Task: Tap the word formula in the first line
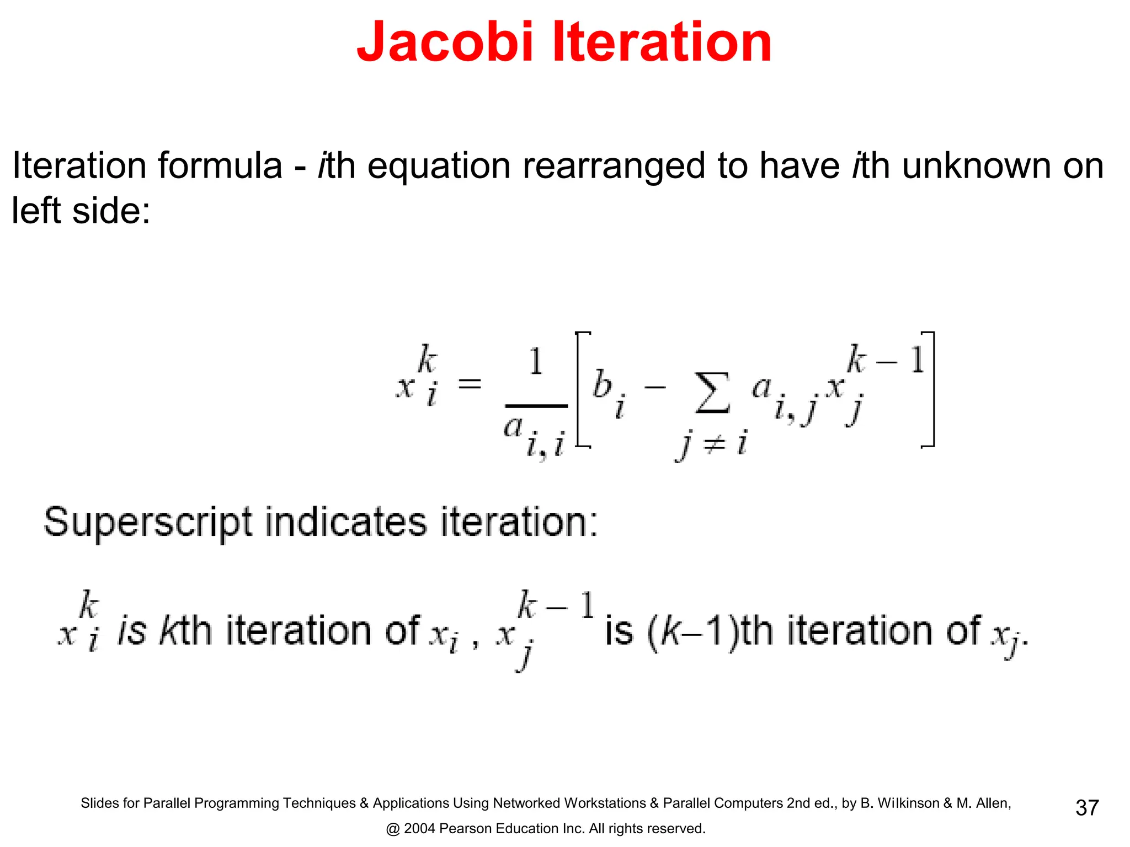pos(220,166)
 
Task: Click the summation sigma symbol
pos(712,393)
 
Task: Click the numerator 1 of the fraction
pos(536,362)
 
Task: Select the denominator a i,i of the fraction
pos(534,436)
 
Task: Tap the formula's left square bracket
pos(581,389)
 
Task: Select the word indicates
pos(346,522)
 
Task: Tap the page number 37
pos(1087,808)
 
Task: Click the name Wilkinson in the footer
pos(908,803)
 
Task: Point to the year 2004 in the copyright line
pos(419,829)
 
